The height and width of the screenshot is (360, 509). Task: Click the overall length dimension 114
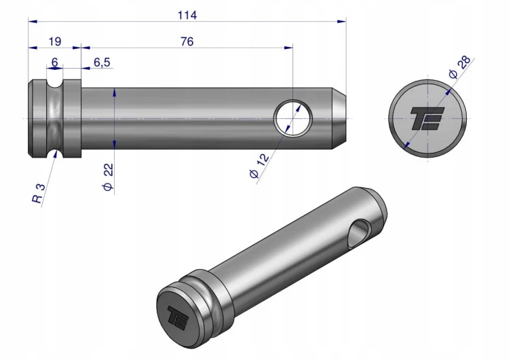pos(187,15)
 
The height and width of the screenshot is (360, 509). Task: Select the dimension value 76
pos(187,41)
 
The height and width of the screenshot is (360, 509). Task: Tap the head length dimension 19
pos(54,41)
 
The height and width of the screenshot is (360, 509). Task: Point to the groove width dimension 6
pos(54,62)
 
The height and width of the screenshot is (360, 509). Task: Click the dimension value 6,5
pos(102,62)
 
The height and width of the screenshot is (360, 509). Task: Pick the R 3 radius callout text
pos(38,194)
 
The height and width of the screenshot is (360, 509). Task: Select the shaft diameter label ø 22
pos(108,177)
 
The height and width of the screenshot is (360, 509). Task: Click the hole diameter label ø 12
pos(259,166)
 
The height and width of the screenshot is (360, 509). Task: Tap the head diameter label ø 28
pos(459,67)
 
